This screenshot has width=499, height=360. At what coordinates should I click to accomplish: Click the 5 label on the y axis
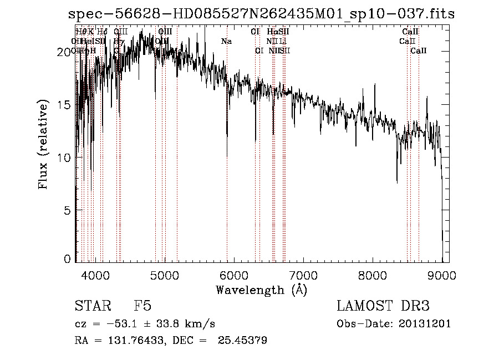[x=68, y=211]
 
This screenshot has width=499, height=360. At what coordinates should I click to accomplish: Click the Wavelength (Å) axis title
[x=261, y=290]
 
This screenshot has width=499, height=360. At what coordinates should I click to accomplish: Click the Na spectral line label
[x=226, y=41]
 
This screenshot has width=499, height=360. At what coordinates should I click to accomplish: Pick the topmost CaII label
[x=410, y=32]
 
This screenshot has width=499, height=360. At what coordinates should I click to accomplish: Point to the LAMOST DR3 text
[x=383, y=306]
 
